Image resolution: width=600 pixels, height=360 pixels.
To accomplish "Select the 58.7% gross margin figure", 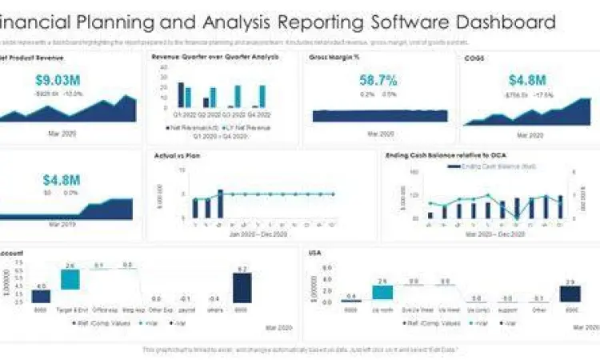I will tap(378, 80).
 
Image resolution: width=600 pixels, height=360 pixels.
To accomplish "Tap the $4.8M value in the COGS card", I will tap(528, 80).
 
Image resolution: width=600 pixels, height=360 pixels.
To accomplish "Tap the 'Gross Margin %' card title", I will tap(330, 57).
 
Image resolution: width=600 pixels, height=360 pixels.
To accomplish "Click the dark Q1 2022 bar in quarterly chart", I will tap(181, 94).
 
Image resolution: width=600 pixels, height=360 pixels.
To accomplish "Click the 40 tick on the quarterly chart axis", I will tap(164, 68).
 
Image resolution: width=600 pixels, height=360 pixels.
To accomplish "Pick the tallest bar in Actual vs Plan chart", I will tap(220, 204).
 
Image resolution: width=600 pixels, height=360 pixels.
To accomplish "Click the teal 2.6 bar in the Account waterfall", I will tap(70, 279).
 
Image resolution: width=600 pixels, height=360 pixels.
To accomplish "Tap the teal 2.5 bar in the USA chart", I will tap(382, 290).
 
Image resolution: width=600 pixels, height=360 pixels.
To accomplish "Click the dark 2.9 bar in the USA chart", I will tap(570, 292).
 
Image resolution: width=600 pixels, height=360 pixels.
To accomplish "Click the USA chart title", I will tap(315, 253).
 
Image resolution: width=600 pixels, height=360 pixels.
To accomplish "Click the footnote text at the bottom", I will tap(300, 350).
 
